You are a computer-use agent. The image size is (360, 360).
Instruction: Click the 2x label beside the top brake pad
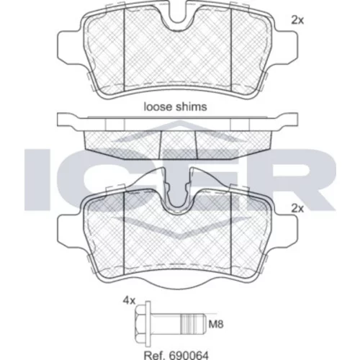pyautogui.click(x=297, y=20)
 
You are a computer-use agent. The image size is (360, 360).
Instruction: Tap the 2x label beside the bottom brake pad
pyautogui.click(x=297, y=209)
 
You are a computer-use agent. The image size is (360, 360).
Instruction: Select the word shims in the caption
pyautogui.click(x=193, y=107)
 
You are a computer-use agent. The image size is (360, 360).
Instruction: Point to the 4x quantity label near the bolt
pyautogui.click(x=129, y=301)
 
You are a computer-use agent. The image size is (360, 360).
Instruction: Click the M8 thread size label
pyautogui.click(x=216, y=325)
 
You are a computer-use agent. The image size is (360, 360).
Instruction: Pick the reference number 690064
pyautogui.click(x=189, y=355)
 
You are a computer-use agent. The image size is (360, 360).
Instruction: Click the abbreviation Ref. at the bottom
pyautogui.click(x=155, y=355)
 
